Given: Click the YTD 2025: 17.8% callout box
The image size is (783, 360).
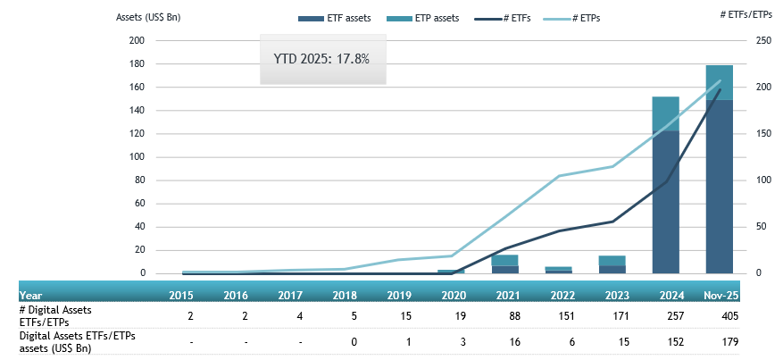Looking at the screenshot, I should click(322, 59).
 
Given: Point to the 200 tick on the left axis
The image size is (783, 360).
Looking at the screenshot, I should click(137, 41).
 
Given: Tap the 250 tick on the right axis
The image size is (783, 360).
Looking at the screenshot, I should click(754, 41).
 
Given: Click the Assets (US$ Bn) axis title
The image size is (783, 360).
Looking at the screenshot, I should click(148, 18).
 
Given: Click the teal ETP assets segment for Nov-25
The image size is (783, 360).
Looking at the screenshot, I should click(719, 82).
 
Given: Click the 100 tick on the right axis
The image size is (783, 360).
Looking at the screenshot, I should click(754, 180).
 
